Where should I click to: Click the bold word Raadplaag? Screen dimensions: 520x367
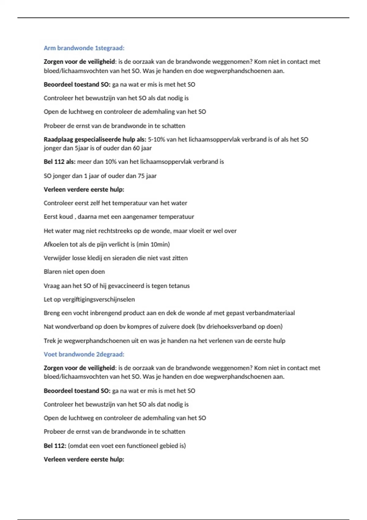tap(58, 139)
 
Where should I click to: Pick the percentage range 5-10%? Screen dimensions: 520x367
tap(157, 139)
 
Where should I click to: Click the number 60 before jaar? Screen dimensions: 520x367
tap(136, 148)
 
